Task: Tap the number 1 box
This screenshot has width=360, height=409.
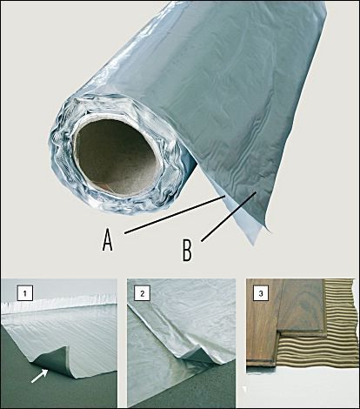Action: pyautogui.click(x=25, y=293)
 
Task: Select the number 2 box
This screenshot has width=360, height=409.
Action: pyautogui.click(x=142, y=293)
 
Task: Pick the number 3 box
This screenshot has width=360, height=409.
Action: pyautogui.click(x=261, y=293)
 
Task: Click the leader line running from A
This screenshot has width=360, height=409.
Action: pyautogui.click(x=175, y=214)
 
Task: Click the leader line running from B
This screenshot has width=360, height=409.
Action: pyautogui.click(x=229, y=216)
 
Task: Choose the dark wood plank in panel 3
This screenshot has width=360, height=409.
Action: pyautogui.click(x=302, y=307)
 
